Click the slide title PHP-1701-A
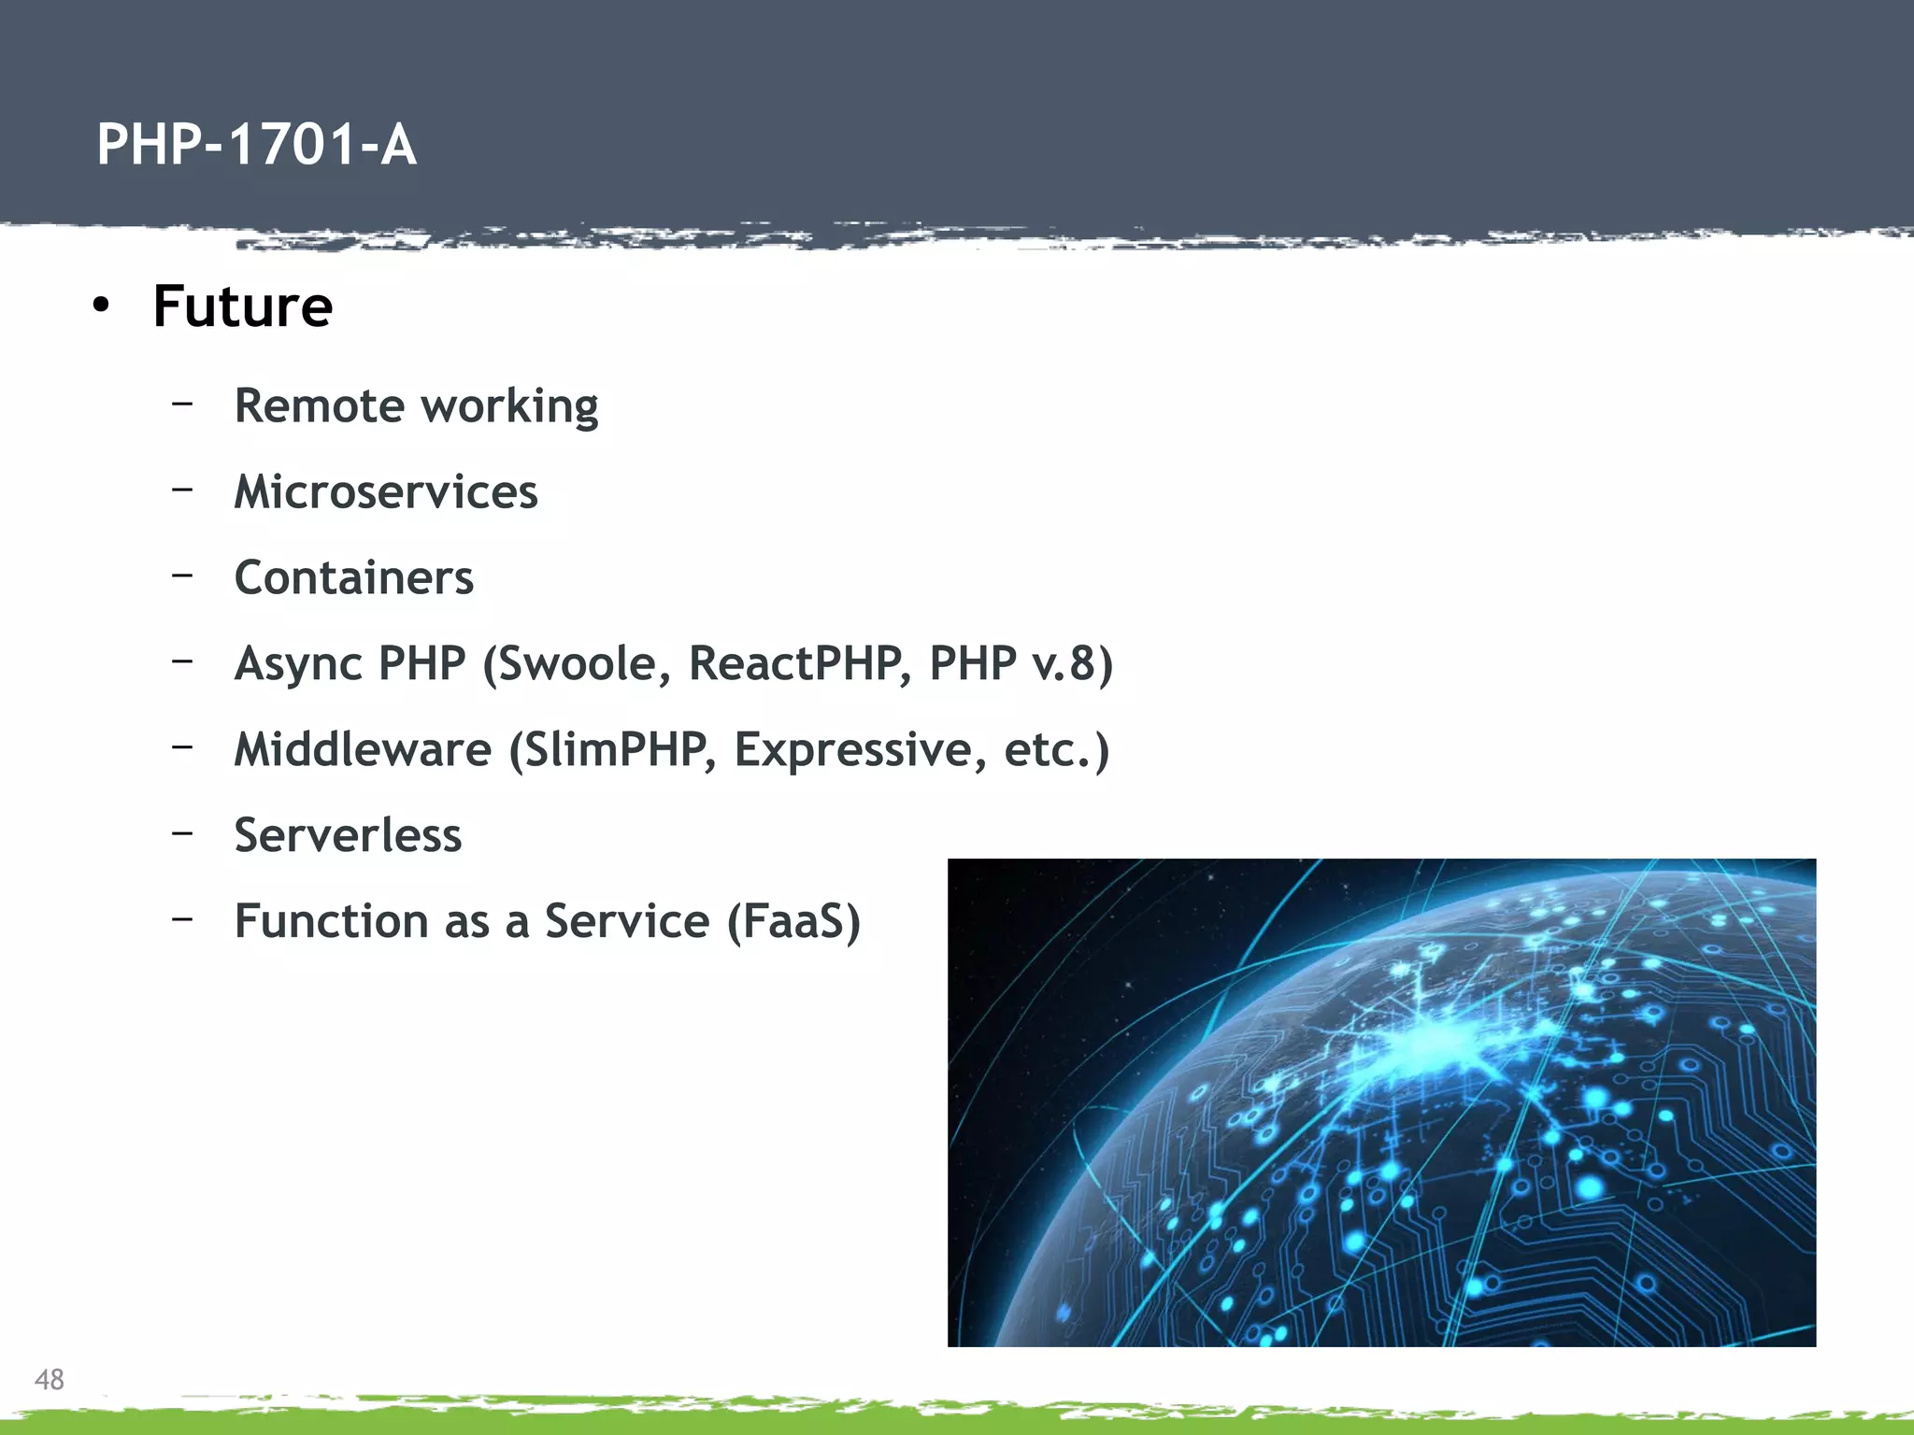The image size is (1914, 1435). click(256, 145)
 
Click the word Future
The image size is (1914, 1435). click(242, 306)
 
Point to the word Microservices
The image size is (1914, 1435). click(385, 491)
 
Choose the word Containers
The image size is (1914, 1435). click(353, 577)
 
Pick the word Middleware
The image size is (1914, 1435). click(362, 749)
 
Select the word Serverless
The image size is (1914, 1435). click(348, 835)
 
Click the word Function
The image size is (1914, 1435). click(330, 921)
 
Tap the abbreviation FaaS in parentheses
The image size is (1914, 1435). click(793, 921)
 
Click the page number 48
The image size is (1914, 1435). click(49, 1379)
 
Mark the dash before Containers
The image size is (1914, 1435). click(182, 575)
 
